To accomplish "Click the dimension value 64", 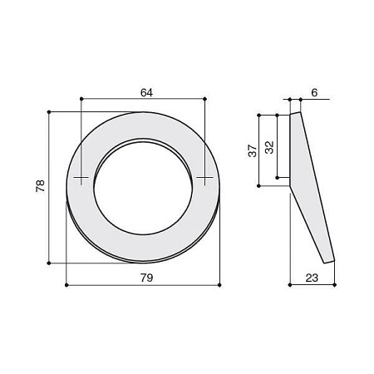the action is coord(146,93).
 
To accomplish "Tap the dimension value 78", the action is coord(40,186).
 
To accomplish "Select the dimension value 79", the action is coord(146,278).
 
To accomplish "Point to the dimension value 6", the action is coord(314,93).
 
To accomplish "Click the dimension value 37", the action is coord(253,150).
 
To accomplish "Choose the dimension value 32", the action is coord(269,147).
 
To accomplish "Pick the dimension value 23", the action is coord(312,278).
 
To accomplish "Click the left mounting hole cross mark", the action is coord(81,177).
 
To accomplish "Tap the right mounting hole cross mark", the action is coord(204,177).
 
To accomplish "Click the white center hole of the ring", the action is coord(143,189).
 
